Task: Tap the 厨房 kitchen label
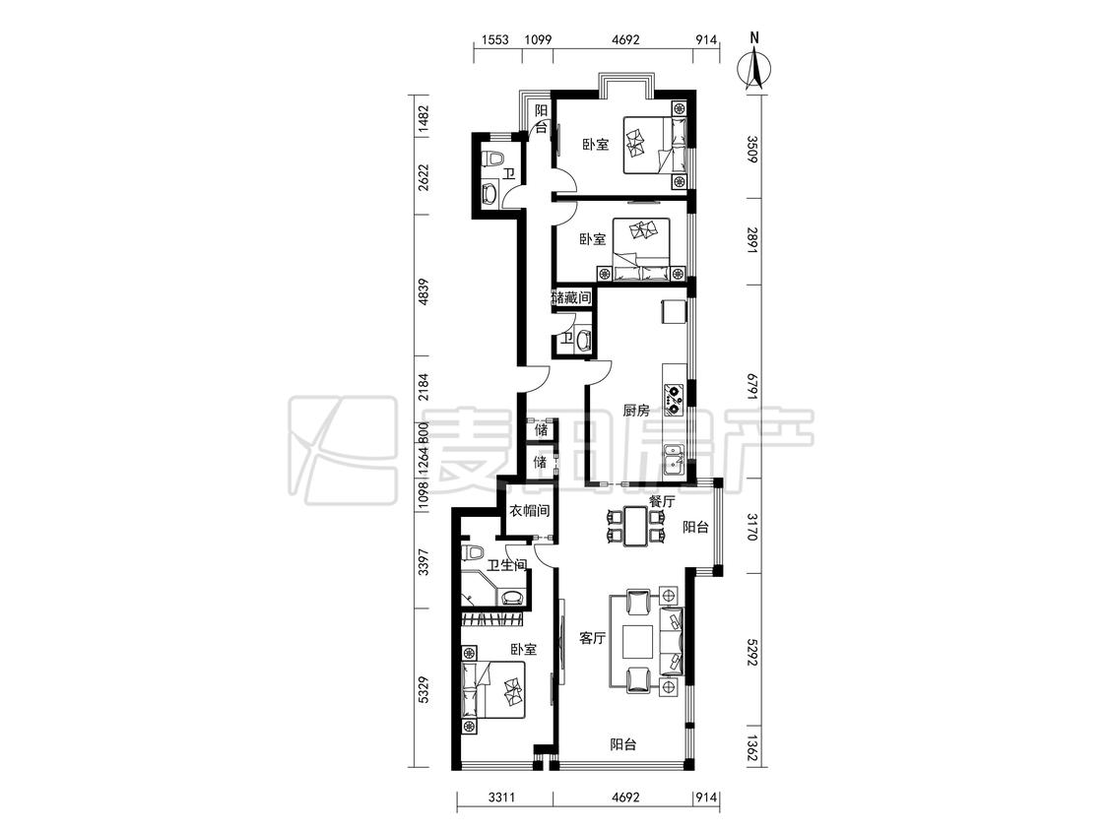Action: pos(635,410)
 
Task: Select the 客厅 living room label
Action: pos(592,638)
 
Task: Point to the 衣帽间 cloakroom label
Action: pos(529,510)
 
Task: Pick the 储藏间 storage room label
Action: pos(571,297)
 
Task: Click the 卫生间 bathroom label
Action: pos(506,565)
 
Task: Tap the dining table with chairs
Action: pos(635,527)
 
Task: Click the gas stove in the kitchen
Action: pos(674,399)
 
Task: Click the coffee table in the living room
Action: pos(639,640)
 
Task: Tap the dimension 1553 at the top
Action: pos(495,39)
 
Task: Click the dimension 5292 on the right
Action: pos(752,655)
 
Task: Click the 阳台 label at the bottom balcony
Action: pos(623,744)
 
